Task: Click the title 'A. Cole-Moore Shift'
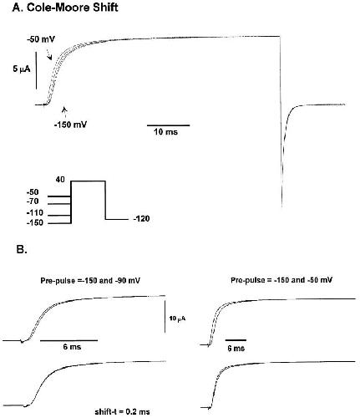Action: pyautogui.click(x=65, y=8)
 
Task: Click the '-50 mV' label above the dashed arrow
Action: pyautogui.click(x=41, y=39)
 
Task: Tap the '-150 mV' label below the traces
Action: pyautogui.click(x=70, y=125)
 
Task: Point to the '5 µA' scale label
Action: pyautogui.click(x=21, y=69)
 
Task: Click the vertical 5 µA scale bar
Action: pyautogui.click(x=36, y=70)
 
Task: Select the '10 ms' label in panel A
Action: pyautogui.click(x=165, y=132)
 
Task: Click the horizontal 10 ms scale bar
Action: pyautogui.click(x=169, y=125)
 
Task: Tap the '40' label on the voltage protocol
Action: pyautogui.click(x=60, y=180)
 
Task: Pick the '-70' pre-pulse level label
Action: pyautogui.click(x=33, y=201)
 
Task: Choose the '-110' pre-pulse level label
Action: pyautogui.click(x=35, y=213)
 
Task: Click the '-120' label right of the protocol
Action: pyautogui.click(x=141, y=219)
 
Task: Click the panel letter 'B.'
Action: pyautogui.click(x=22, y=250)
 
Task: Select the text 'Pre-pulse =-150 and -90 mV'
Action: pyautogui.click(x=90, y=280)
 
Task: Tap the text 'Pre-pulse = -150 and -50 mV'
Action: pyautogui.click(x=281, y=280)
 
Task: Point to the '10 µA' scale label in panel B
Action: pyautogui.click(x=177, y=319)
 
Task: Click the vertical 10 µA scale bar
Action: pyautogui.click(x=165, y=317)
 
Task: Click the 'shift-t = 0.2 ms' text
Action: pyautogui.click(x=122, y=411)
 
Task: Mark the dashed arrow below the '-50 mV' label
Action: pyautogui.click(x=48, y=54)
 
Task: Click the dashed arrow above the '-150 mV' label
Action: pyautogui.click(x=65, y=112)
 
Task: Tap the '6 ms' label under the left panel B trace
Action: pyautogui.click(x=72, y=347)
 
